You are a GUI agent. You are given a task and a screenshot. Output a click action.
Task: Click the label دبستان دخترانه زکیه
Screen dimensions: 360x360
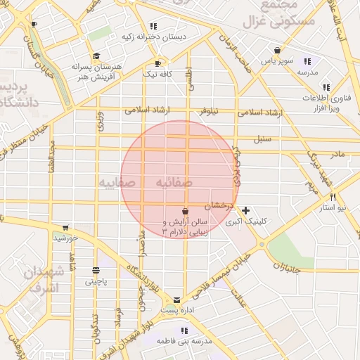154,37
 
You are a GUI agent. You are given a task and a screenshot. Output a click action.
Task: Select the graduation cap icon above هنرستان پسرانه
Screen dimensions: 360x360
96,56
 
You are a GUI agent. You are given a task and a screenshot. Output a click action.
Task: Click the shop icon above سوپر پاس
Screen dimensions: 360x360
278,51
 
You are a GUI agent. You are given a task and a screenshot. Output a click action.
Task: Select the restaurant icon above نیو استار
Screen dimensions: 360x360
333,198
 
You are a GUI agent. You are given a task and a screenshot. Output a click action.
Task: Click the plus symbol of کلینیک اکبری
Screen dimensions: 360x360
245,210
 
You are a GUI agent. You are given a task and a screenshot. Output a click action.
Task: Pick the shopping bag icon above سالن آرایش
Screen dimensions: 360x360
185,211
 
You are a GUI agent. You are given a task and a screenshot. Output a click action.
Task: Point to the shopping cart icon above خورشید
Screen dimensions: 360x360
65,228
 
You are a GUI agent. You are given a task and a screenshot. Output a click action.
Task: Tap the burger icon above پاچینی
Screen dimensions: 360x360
96,271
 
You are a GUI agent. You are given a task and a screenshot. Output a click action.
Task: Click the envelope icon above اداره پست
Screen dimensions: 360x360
176,300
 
